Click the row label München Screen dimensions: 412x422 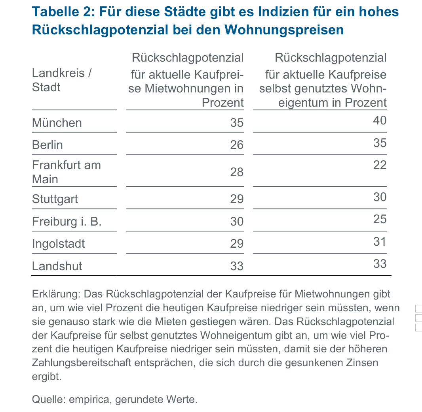(x=57, y=123)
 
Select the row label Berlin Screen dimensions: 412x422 (x=47, y=145)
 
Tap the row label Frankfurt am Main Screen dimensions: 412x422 (x=66, y=172)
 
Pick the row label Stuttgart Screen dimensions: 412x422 (x=55, y=199)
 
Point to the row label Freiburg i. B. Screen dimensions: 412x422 (x=67, y=222)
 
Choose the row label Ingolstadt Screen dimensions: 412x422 (x=58, y=243)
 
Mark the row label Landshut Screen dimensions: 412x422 (x=57, y=266)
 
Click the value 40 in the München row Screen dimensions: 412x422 (x=379, y=120)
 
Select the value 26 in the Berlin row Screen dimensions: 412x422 (x=237, y=145)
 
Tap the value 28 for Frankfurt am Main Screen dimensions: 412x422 (x=237, y=172)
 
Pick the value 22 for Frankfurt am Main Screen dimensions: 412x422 (x=379, y=165)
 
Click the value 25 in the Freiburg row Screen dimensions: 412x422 (x=379, y=219)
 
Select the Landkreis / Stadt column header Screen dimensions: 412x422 (x=62, y=80)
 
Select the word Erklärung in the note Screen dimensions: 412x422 (x=56, y=294)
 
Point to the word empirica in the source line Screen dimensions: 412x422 (x=91, y=399)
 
